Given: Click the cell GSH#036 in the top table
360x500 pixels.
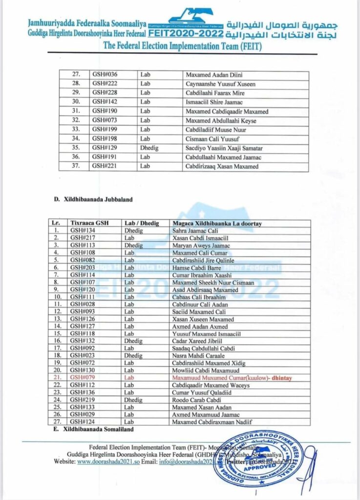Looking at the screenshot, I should pyautogui.click(x=105, y=75).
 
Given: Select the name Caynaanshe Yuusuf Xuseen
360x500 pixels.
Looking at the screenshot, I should pyautogui.click(x=221, y=84).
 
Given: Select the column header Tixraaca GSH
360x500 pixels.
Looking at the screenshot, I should pyautogui.click(x=88, y=223).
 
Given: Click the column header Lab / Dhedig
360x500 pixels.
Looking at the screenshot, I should pyautogui.click(x=142, y=223).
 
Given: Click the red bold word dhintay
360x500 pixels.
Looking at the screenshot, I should pyautogui.click(x=285, y=378).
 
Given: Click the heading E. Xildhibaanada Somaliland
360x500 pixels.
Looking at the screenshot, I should pyautogui.click(x=93, y=429).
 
